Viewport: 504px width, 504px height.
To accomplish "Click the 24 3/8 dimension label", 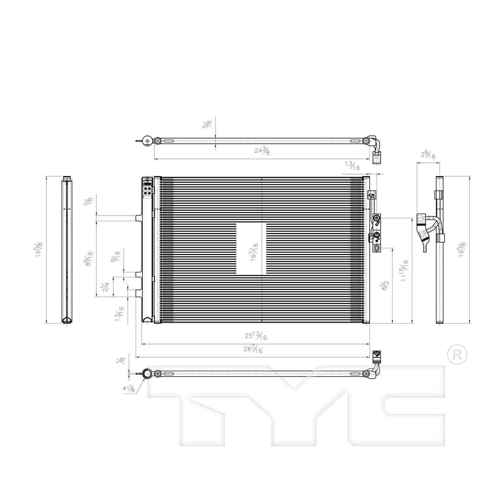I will (x=262, y=151).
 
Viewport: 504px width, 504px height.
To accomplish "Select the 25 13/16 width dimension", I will (x=256, y=336).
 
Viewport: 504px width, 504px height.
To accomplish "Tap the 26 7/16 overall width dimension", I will (x=253, y=349).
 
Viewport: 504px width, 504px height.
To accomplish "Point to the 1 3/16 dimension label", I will (x=119, y=313).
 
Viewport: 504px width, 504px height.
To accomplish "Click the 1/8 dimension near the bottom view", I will (x=120, y=361).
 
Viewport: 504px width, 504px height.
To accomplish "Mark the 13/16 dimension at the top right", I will (x=352, y=166).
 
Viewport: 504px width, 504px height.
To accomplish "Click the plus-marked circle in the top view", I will (x=147, y=141).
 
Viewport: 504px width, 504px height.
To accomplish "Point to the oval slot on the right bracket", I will (x=377, y=248).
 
